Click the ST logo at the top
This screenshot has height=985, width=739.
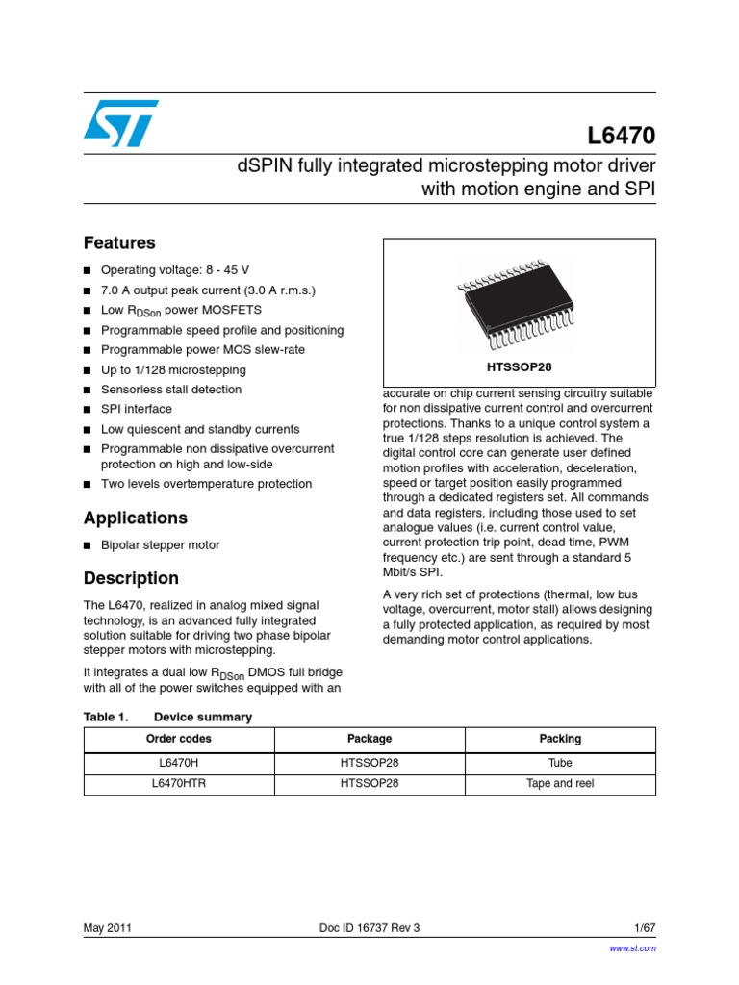[x=120, y=124]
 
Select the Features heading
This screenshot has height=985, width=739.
[x=119, y=243]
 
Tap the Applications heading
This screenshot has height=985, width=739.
[x=136, y=518]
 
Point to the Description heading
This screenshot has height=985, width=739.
[x=131, y=578]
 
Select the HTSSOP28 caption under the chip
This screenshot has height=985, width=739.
[x=520, y=366]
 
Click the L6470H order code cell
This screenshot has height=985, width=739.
[x=179, y=761]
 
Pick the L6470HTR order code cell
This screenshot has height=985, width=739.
[x=179, y=783]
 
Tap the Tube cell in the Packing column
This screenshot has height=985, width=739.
[x=560, y=761]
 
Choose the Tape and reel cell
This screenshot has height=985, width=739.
[x=560, y=783]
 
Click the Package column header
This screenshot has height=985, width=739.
[x=369, y=739]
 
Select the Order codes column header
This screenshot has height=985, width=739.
[x=179, y=739]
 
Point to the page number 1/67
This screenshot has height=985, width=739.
[x=645, y=928]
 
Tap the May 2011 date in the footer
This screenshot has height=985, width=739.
[x=108, y=928]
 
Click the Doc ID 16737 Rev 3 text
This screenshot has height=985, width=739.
[x=369, y=928]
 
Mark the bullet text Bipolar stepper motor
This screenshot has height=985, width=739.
[x=160, y=544]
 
